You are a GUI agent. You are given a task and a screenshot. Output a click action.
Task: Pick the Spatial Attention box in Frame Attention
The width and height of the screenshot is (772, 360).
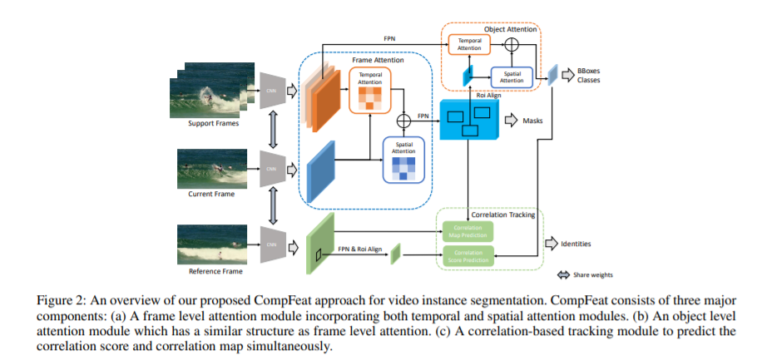(403, 159)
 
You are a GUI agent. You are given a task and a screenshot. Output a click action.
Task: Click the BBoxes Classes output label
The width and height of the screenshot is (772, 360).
(589, 75)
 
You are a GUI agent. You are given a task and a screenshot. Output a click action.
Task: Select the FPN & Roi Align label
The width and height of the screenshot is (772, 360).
(364, 246)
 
